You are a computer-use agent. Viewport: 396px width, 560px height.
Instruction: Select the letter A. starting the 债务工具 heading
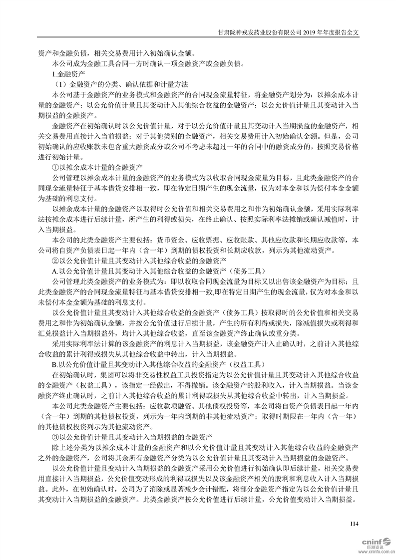[x=55, y=270]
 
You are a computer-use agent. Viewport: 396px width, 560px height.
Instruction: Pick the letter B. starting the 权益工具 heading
[x=55, y=363]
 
